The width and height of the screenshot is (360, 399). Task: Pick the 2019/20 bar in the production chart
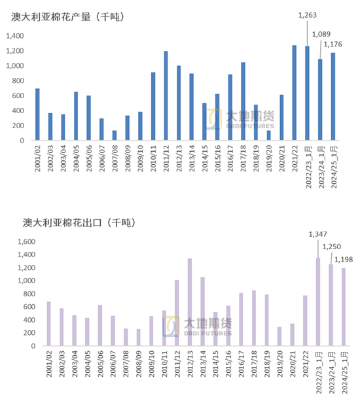[x=268, y=135]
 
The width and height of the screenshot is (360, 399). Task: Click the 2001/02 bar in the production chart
[x=37, y=114]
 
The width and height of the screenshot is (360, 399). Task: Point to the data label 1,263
[x=307, y=14]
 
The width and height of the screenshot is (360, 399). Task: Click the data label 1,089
[x=321, y=34]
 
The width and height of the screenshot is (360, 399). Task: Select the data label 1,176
[x=335, y=44]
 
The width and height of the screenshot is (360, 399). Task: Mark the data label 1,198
[x=343, y=259]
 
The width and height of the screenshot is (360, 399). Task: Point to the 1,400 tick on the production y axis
[x=15, y=36]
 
